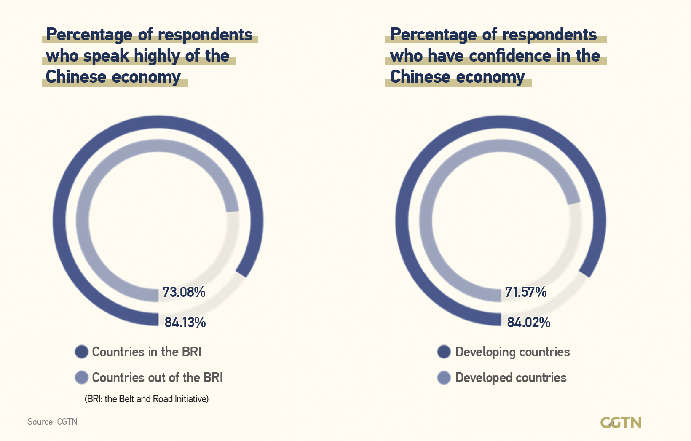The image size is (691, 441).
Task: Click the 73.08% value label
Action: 184,292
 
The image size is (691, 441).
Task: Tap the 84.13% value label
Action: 185,323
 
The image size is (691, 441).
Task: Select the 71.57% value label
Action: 525,292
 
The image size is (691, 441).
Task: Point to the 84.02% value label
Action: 528,323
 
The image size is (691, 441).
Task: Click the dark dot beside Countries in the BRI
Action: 81,352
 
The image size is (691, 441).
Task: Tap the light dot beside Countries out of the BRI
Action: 81,377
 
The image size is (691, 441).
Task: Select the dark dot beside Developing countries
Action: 444,352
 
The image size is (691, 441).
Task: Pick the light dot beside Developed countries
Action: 444,377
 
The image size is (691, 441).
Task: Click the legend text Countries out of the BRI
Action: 157,377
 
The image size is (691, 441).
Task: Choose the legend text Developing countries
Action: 512,352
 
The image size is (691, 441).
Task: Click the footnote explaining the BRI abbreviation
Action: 147,399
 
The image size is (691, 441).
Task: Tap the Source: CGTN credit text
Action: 52,422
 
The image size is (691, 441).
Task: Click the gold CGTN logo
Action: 621,422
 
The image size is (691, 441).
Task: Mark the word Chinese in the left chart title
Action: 76,77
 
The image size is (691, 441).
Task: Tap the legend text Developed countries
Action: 511,377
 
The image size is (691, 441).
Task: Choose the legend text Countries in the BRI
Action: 147,352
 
